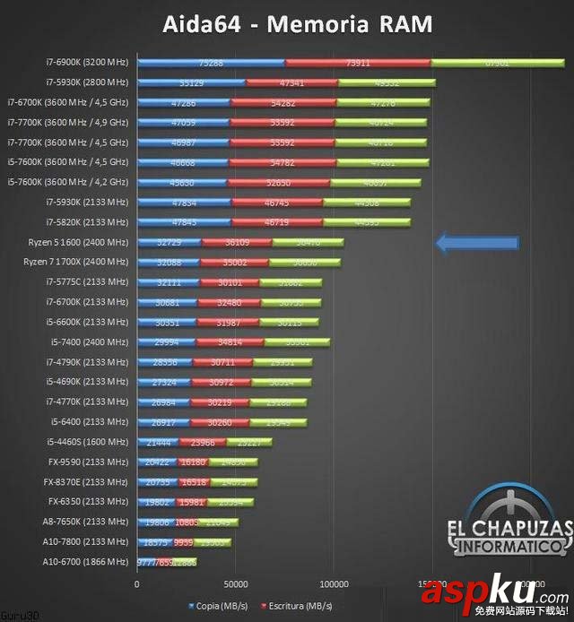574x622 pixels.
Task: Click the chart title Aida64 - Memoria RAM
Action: coord(297,23)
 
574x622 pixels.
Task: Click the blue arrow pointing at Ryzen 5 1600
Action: coord(477,243)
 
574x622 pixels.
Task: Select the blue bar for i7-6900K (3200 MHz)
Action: coord(211,63)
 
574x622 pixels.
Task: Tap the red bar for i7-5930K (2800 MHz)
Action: coord(291,82)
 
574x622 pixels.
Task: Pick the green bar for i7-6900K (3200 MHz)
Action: coord(497,63)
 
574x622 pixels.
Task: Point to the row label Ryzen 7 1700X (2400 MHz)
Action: coord(76,263)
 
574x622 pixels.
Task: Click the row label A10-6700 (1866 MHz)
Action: coord(85,562)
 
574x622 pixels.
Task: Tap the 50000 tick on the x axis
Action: coord(235,583)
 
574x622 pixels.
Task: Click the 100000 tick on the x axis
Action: coord(333,583)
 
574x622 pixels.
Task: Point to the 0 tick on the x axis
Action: coord(137,583)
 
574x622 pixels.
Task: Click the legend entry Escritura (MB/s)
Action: coord(295,606)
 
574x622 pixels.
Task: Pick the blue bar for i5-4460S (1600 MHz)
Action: coord(158,442)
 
